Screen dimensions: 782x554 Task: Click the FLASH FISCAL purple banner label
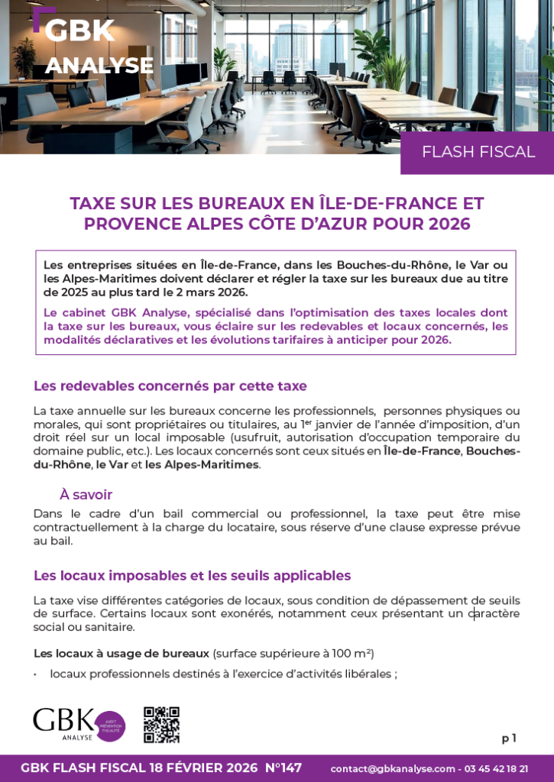click(478, 152)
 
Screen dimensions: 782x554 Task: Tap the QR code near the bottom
click(161, 725)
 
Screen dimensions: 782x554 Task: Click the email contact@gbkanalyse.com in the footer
click(393, 768)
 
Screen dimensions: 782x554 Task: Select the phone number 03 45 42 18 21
click(497, 768)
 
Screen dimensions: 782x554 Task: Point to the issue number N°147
click(283, 767)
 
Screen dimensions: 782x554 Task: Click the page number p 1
click(509, 738)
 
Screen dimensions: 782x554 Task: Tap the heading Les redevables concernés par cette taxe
click(170, 386)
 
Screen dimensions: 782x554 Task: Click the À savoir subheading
click(86, 495)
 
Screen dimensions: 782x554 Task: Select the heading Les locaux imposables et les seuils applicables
click(192, 575)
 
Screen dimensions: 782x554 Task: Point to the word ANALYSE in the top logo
click(99, 66)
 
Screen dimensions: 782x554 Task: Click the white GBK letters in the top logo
click(79, 31)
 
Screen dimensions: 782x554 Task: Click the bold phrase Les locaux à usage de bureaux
click(121, 654)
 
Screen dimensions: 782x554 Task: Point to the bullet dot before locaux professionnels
click(35, 674)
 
